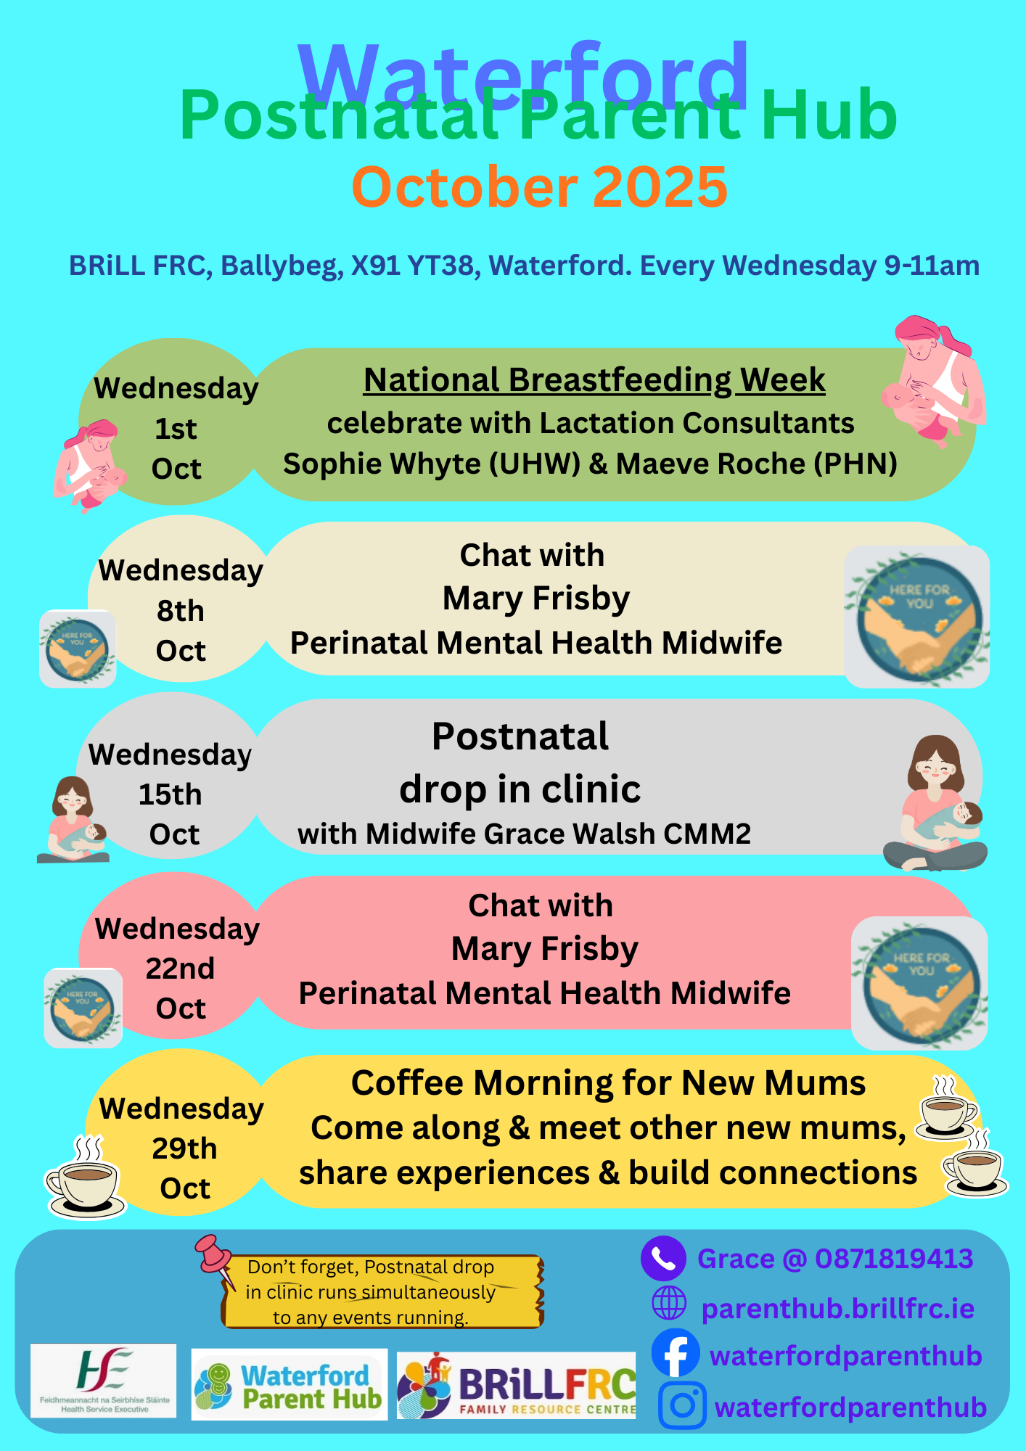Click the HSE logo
(x=103, y=1380)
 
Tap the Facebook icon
(x=676, y=1353)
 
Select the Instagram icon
(x=682, y=1405)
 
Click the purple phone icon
(x=663, y=1258)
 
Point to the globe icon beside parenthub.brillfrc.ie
(x=668, y=1303)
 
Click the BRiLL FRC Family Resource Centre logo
(x=516, y=1385)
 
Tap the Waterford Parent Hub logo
(x=289, y=1384)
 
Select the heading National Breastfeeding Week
(x=594, y=380)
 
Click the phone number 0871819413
(x=894, y=1259)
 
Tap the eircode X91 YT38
(x=412, y=266)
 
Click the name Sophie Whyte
(x=382, y=464)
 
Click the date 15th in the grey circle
(x=171, y=794)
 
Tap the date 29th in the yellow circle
(x=184, y=1148)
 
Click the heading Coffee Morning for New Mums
(x=608, y=1083)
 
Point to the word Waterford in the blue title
(x=523, y=75)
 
